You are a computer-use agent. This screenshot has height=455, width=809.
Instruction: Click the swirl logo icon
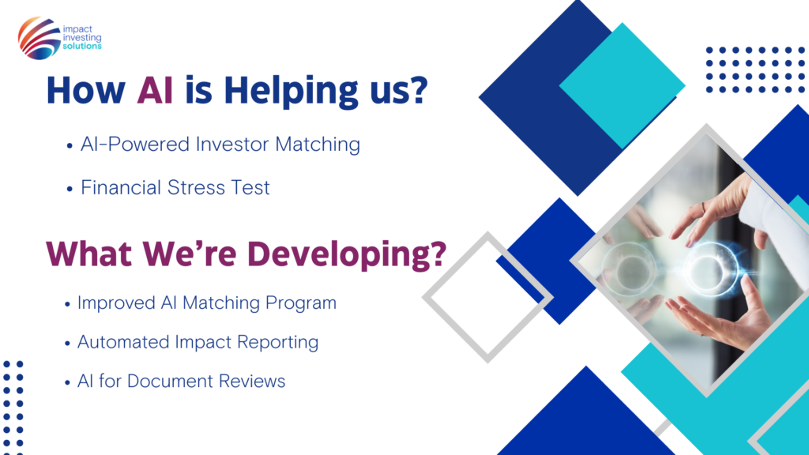tap(39, 38)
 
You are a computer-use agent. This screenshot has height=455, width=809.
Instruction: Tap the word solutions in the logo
tap(82, 46)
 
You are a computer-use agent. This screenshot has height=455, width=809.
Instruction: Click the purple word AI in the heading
tap(155, 90)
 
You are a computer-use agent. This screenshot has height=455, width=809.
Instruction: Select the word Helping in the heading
tap(291, 92)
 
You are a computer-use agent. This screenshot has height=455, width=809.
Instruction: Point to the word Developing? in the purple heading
tap(347, 255)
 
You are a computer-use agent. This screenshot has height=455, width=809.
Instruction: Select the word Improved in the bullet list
tap(116, 303)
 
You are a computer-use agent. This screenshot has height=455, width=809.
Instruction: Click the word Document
tap(170, 382)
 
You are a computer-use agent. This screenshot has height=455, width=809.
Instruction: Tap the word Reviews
tap(252, 382)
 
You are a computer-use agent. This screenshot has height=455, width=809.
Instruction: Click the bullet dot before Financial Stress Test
tap(70, 190)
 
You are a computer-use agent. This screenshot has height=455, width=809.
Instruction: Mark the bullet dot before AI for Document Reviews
tap(67, 383)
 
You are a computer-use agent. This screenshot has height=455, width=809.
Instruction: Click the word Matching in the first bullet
tap(318, 145)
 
